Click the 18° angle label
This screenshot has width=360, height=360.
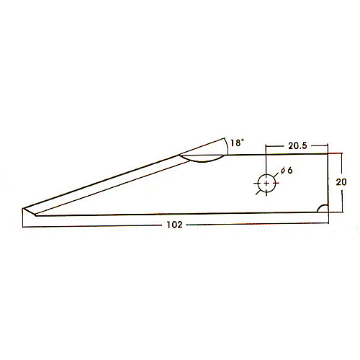pyautogui.click(x=237, y=143)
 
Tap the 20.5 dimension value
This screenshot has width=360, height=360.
pyautogui.click(x=297, y=145)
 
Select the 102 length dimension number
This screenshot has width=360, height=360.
pyautogui.click(x=174, y=225)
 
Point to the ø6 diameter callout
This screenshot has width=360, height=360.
pyautogui.click(x=287, y=171)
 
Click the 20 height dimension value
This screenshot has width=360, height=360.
pyautogui.click(x=341, y=182)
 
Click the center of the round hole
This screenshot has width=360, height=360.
pyautogui.click(x=266, y=184)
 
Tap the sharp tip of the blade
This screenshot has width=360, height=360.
pyautogui.click(x=23, y=208)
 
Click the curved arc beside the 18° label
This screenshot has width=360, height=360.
pyautogui.click(x=227, y=146)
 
